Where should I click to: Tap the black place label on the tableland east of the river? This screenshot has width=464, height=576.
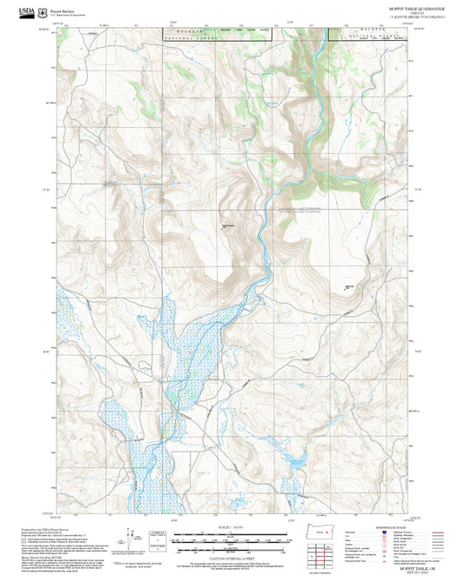pyautogui.click(x=349, y=286)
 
